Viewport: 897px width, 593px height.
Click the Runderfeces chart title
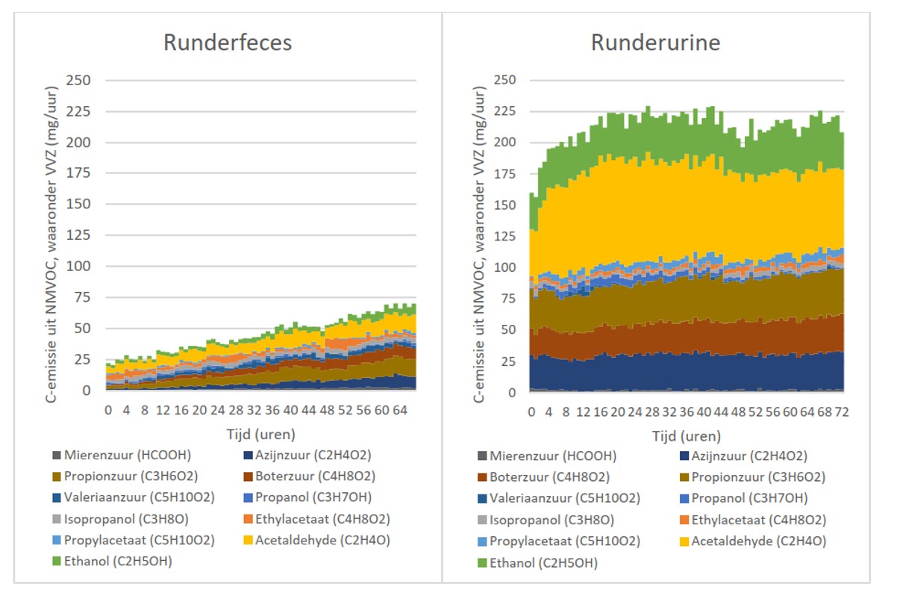(228, 43)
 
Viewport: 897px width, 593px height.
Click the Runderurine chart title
(656, 43)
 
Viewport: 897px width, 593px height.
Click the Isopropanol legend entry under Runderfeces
(120, 518)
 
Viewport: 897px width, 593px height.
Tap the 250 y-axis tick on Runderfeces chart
(78, 80)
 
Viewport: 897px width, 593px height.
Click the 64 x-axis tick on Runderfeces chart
(400, 410)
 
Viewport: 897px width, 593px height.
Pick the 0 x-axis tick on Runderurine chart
(531, 412)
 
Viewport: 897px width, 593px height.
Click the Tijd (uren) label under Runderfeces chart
(260, 433)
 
